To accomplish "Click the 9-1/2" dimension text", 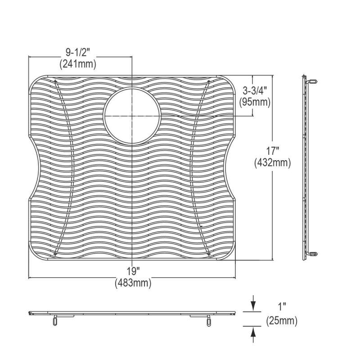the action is [x=77, y=53].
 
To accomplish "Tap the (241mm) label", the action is [x=78, y=64].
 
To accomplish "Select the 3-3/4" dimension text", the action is [x=255, y=91].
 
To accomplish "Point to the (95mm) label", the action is [x=255, y=102].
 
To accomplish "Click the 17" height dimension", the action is [x=273, y=151].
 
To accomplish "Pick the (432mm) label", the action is [x=273, y=163].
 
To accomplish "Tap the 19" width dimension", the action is [x=134, y=272].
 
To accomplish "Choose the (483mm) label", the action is [x=133, y=283].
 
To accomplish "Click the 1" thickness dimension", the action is [x=282, y=307].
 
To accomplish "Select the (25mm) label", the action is [x=282, y=320].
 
